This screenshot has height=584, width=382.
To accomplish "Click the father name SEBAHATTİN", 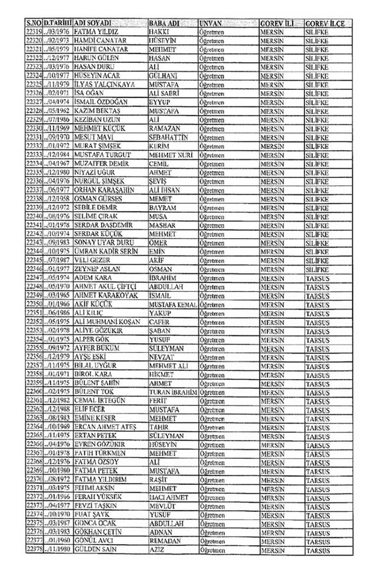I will (168, 135).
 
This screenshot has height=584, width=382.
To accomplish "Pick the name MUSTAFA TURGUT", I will (99, 156).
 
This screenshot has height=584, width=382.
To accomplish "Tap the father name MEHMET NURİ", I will (169, 156).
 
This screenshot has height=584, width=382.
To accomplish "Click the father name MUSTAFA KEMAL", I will (173, 303).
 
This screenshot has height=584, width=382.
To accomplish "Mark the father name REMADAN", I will (163, 540).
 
